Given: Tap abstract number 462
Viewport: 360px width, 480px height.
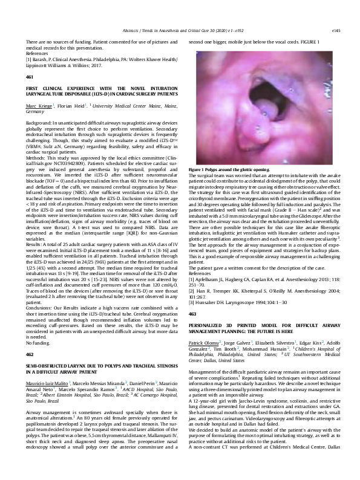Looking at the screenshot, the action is [x=30, y=332].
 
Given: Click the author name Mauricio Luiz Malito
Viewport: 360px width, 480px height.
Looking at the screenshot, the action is [x=48, y=367].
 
